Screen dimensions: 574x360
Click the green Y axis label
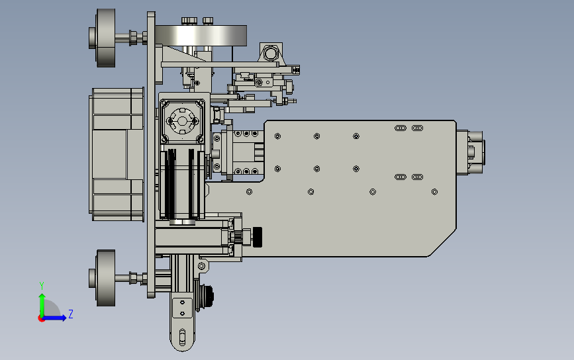coord(42,286)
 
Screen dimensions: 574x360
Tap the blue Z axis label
coord(71,314)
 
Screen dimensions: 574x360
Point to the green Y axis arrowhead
coord(42,296)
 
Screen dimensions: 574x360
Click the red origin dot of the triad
coord(41,319)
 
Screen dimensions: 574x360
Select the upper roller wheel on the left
coord(106,38)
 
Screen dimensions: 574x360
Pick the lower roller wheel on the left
coord(106,278)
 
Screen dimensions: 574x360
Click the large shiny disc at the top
coord(201,36)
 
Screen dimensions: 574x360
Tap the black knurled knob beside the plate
coord(258,237)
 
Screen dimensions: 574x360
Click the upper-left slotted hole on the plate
coord(401,128)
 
